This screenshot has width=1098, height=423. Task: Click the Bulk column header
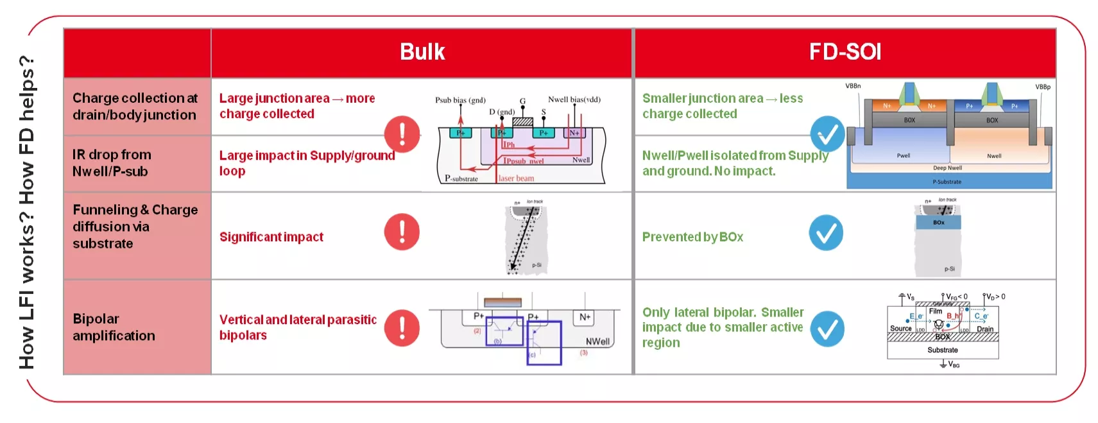point(422,52)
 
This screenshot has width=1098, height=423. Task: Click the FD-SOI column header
point(845,52)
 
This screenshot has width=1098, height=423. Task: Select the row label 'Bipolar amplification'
point(114,327)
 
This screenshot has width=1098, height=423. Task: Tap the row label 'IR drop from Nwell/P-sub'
point(111,163)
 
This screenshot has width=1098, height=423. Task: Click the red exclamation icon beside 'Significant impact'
point(402,232)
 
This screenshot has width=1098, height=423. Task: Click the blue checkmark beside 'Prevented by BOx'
point(826,232)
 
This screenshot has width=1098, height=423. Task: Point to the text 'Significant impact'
point(271,237)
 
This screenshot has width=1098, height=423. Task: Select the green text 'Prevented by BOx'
point(692,237)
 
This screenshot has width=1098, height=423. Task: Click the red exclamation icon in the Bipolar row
point(402,328)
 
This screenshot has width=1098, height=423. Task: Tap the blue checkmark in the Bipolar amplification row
point(827,329)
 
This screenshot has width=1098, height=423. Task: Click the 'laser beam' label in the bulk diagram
point(516,178)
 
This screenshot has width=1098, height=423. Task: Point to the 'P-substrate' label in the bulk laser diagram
point(461,178)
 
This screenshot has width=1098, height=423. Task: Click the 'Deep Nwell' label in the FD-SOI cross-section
point(947,168)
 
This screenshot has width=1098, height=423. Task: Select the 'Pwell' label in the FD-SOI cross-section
point(904,155)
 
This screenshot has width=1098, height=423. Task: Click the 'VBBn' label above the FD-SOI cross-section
point(853,86)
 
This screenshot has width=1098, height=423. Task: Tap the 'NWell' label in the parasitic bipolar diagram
point(597,341)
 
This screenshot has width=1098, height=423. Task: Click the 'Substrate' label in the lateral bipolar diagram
point(942,350)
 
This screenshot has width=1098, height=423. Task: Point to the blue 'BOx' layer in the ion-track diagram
point(938,223)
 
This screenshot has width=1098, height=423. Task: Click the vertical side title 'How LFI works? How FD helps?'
point(26,212)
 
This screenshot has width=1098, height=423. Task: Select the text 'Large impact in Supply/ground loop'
point(307,163)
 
